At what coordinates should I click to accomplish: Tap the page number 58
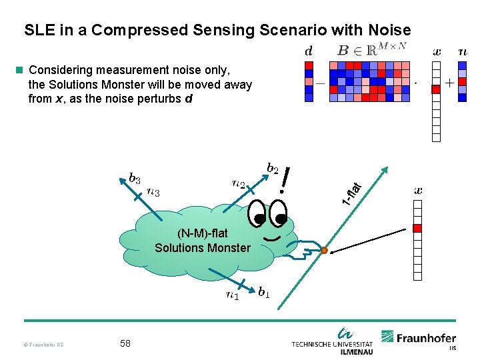[x=125, y=343]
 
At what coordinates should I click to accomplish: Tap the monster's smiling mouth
[x=271, y=237]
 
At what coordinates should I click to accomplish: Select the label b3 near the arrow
[x=134, y=179]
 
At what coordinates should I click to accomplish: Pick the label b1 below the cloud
[x=264, y=292]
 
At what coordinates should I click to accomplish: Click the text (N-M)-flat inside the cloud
[x=203, y=233]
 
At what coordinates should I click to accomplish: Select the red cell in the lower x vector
[x=418, y=228]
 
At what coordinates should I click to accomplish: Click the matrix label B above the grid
[x=343, y=50]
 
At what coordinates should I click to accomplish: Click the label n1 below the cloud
[x=233, y=295]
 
